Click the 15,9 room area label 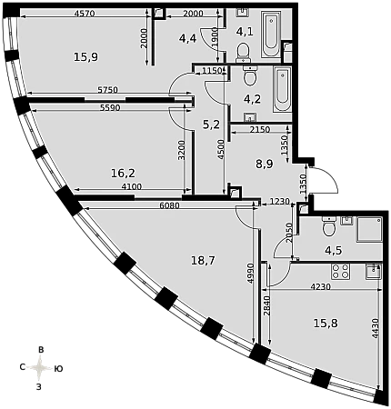(x=85, y=56)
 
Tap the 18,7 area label (x=203, y=260)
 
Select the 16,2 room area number (x=123, y=174)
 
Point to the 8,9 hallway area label (x=264, y=165)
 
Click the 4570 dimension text (x=85, y=14)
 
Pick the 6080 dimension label (x=169, y=205)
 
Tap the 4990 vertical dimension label (x=250, y=274)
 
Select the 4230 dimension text (x=320, y=286)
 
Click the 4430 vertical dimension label (x=376, y=328)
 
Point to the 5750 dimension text (x=107, y=90)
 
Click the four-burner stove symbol (x=341, y=272)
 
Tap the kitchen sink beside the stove (x=374, y=271)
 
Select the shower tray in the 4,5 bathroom (x=369, y=229)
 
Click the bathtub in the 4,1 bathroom (x=271, y=35)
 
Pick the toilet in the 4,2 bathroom (x=250, y=75)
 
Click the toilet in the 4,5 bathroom (x=328, y=226)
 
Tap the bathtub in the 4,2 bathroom (x=283, y=90)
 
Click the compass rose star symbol (x=40, y=368)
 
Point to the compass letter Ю (x=58, y=369)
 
